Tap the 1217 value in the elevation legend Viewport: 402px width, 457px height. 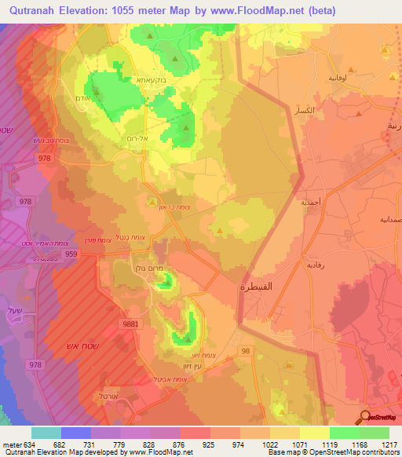tap(389, 445)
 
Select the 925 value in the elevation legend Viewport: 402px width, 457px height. tap(208, 445)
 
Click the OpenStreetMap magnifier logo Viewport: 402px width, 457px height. tap(365, 418)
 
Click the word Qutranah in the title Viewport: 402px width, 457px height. tap(36, 10)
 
